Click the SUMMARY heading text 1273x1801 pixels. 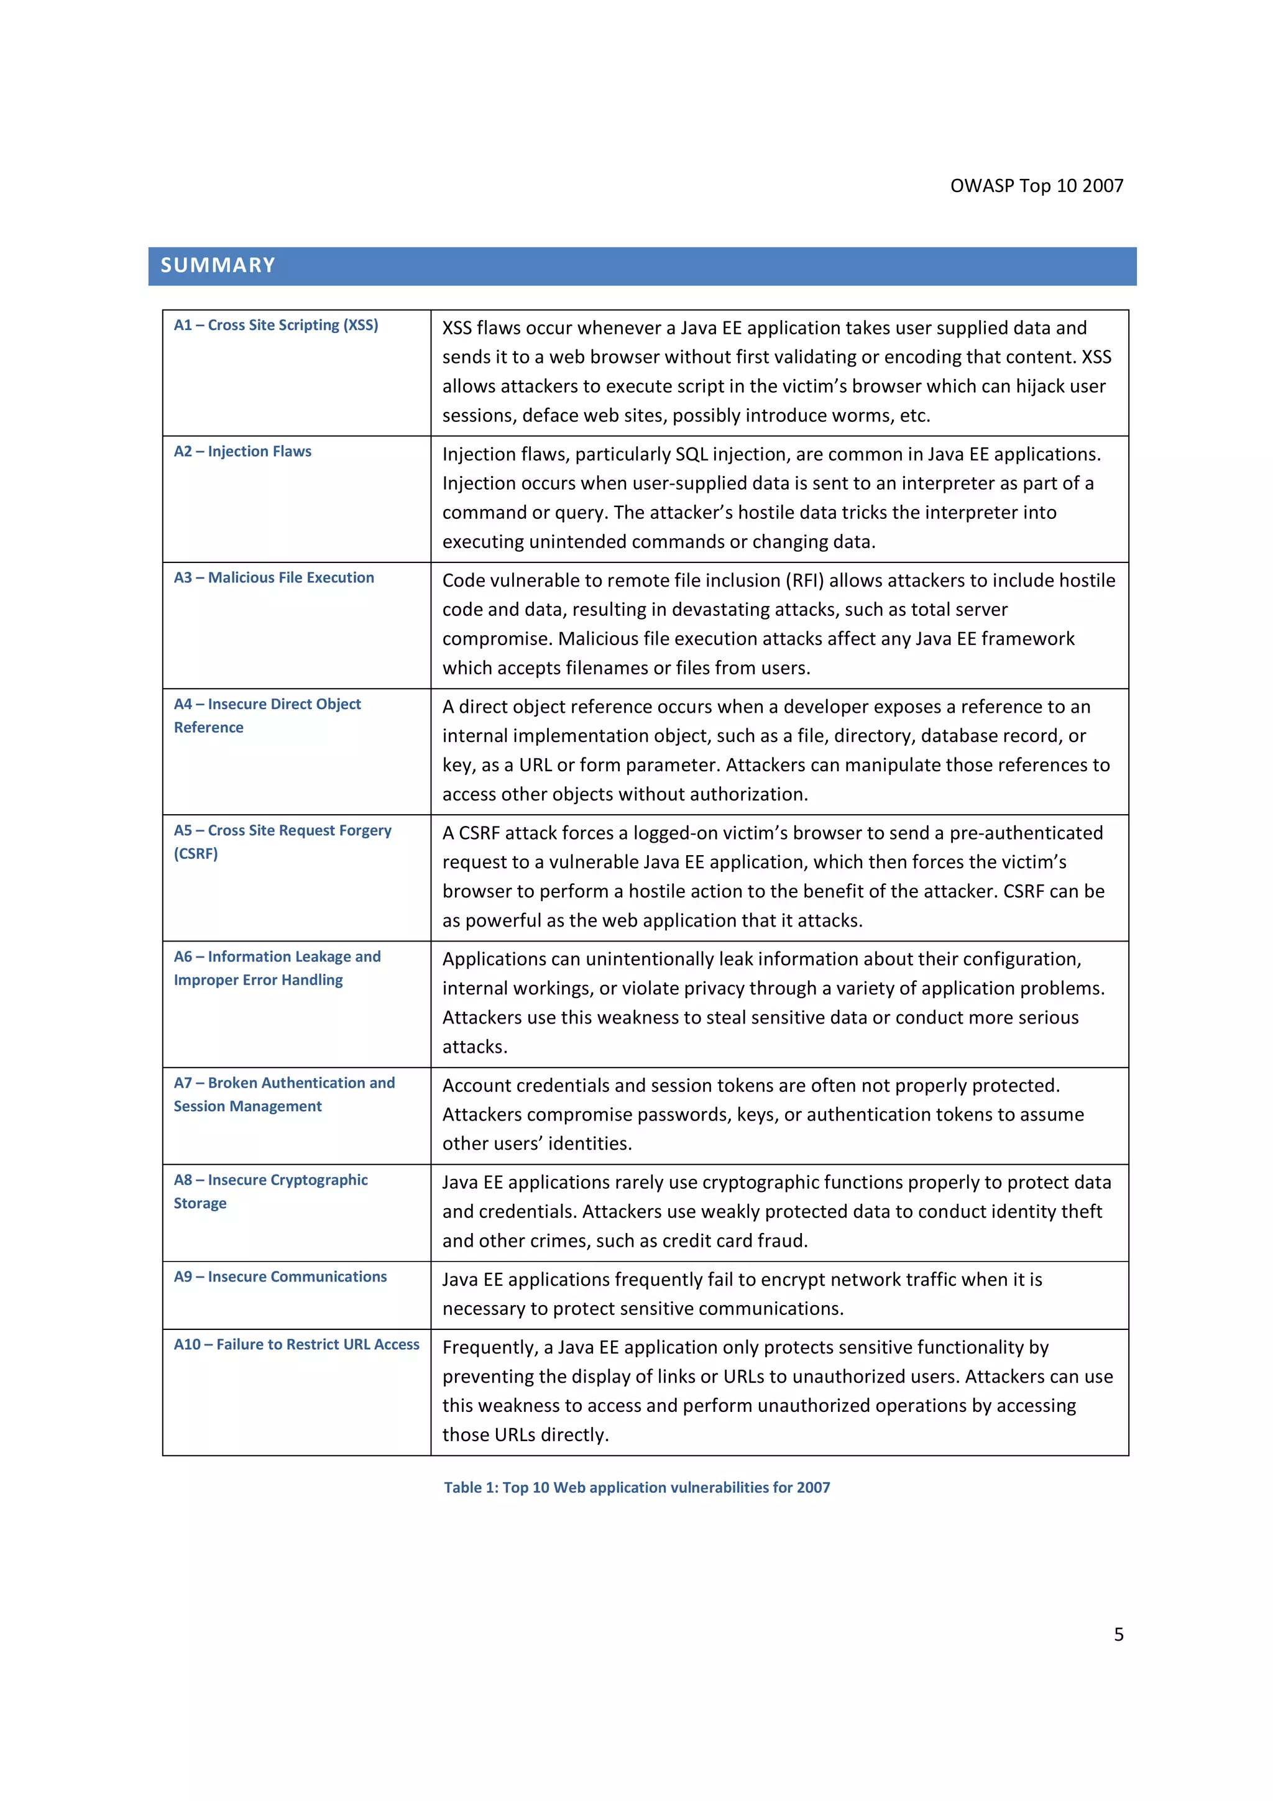(x=218, y=265)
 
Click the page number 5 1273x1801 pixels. (x=1118, y=1634)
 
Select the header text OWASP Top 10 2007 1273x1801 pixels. (x=1036, y=186)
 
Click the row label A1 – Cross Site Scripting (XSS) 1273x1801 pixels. (x=275, y=325)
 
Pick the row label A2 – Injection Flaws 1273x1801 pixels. (x=242, y=451)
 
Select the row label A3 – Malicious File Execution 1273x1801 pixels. (x=273, y=577)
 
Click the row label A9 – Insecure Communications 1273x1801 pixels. (x=280, y=1276)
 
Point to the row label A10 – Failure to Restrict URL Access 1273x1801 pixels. (x=296, y=1344)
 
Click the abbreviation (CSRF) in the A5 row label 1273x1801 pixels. (x=195, y=853)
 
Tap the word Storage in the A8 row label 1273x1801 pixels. (x=200, y=1203)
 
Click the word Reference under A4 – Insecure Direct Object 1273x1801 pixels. (x=209, y=727)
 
